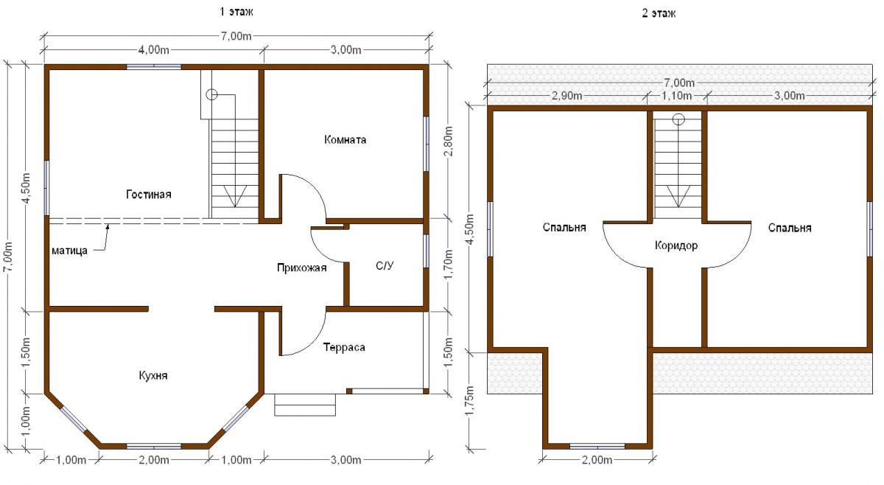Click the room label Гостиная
pos(149,195)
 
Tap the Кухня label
pos(153,375)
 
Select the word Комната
pos(345,140)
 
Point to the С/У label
pos(385,266)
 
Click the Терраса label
pos(344,348)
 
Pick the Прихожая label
pos(302,268)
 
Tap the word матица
pos(69,251)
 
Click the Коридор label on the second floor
pos(676,245)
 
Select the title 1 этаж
pos(236,12)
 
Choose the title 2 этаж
pos(659,13)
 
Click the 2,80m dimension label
pos(449,141)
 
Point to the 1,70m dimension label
pos(449,264)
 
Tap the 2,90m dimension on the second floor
pos(566,96)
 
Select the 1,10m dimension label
pos(676,96)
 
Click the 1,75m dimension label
pos(470,400)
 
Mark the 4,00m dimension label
pos(153,50)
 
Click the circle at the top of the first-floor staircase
pos(212,95)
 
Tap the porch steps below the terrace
pos(305,405)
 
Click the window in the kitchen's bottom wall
pos(153,447)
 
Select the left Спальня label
pos(564,228)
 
